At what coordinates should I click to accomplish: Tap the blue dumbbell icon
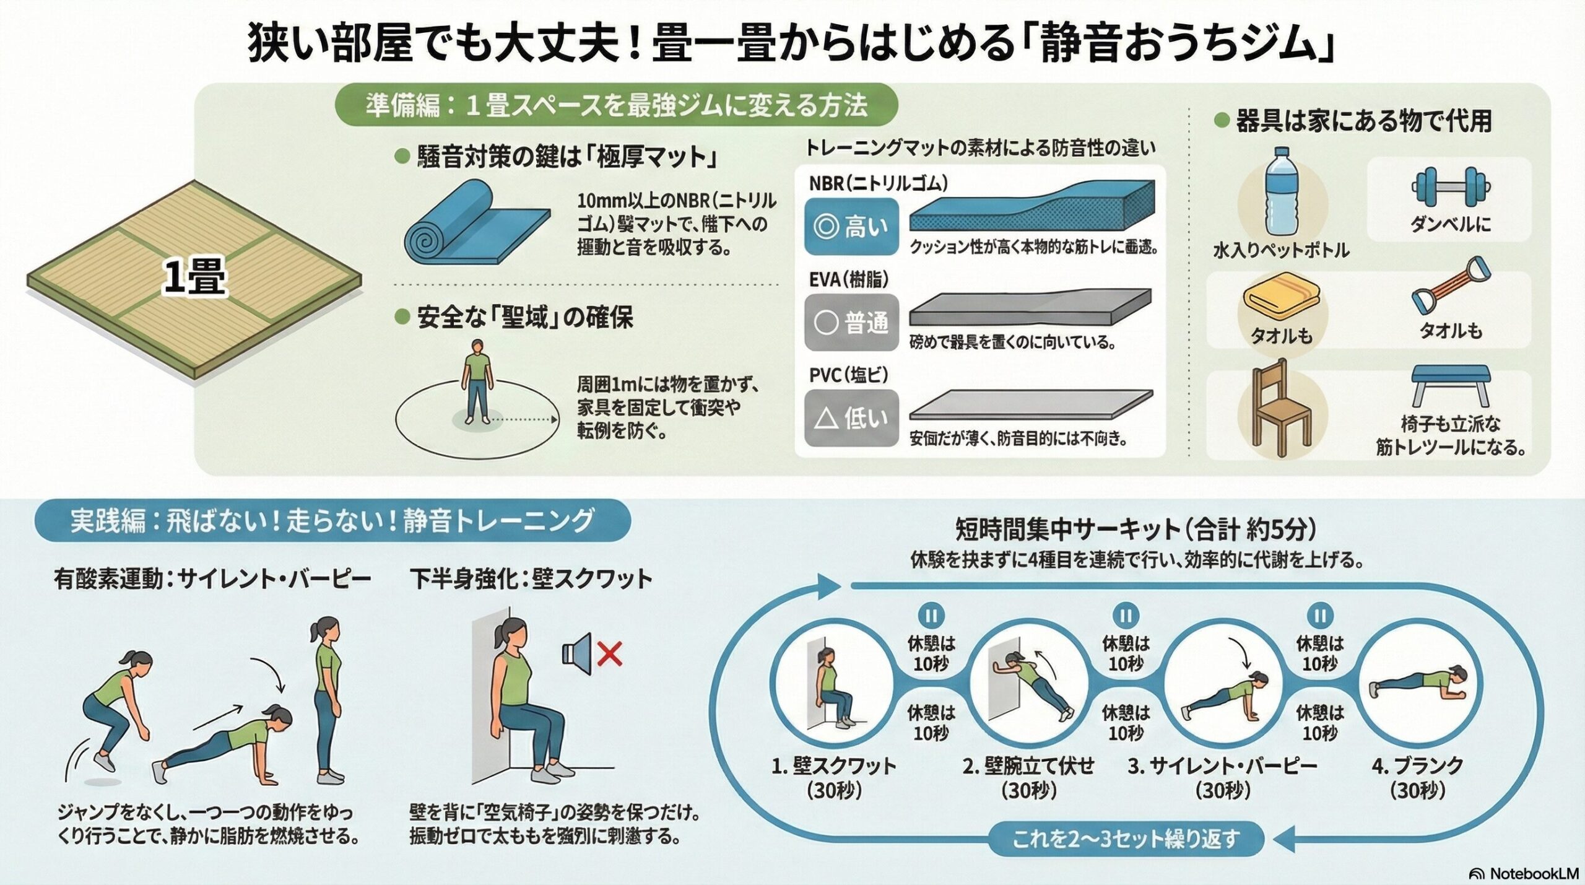[1451, 186]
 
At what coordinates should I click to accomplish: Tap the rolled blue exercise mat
[474, 224]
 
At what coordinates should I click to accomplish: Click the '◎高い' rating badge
[851, 227]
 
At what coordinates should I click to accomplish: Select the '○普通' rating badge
[851, 323]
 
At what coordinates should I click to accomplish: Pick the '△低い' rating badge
[851, 419]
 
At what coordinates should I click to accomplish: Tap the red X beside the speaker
[610, 653]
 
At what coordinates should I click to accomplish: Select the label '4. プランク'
[1417, 766]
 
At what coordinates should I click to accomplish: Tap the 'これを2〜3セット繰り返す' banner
[1126, 839]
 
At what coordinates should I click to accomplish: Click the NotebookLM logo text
[1533, 873]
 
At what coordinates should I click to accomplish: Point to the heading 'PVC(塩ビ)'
[849, 375]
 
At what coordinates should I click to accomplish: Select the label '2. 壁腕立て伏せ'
[1028, 766]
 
